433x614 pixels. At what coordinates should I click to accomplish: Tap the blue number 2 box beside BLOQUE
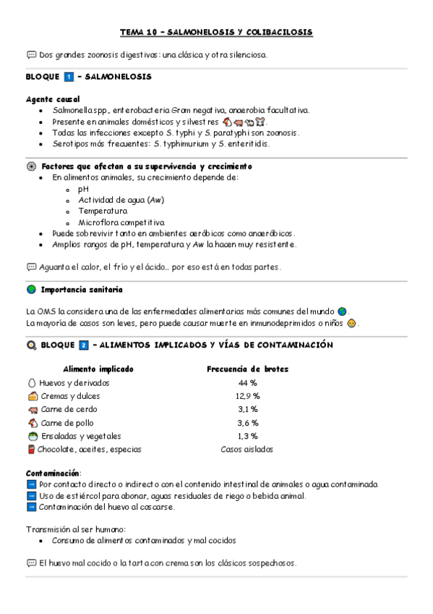tap(83, 345)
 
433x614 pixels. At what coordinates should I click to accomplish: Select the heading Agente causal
tap(53, 98)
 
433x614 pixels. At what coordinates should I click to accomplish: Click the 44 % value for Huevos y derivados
tap(247, 383)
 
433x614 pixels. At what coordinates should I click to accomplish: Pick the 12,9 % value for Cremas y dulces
tap(247, 396)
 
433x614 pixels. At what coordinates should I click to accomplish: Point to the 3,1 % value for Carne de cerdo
tap(247, 410)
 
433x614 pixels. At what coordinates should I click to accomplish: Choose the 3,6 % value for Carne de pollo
tap(247, 423)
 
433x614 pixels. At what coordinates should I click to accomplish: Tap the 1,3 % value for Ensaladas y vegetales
tap(247, 436)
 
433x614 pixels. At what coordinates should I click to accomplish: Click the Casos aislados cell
tap(247, 449)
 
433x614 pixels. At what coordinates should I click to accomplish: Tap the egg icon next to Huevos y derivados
tap(31, 383)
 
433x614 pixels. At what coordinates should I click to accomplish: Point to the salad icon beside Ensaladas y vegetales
tap(32, 436)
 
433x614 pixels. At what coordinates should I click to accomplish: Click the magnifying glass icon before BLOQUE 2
tap(31, 345)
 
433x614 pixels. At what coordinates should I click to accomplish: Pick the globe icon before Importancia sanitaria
tap(31, 290)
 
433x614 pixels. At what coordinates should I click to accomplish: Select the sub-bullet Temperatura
tap(103, 211)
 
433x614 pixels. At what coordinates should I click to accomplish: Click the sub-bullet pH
tap(83, 188)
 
